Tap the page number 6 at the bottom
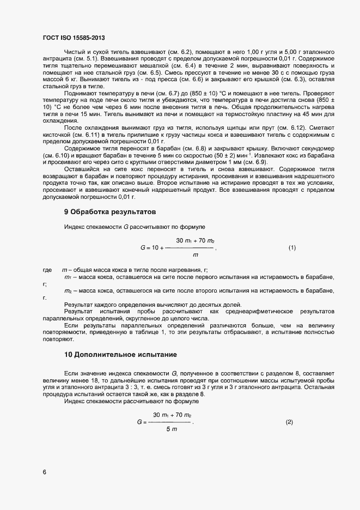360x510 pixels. click(44, 472)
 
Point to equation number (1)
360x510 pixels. click(292, 247)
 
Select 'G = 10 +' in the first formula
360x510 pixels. click(152, 248)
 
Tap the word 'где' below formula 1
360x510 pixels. click(47, 270)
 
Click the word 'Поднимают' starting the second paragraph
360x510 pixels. click(80, 93)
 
